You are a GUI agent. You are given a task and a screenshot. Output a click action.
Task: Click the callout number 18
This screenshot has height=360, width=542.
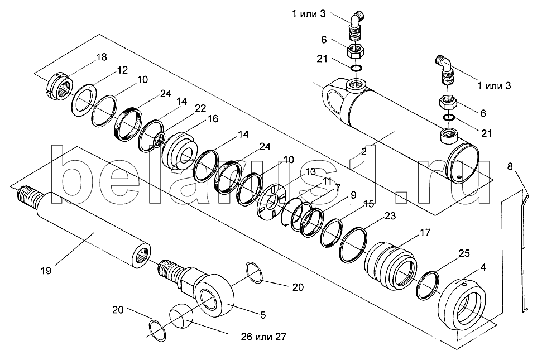pos(101,57)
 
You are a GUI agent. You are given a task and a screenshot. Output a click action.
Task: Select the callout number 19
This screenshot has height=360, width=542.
pos(46,271)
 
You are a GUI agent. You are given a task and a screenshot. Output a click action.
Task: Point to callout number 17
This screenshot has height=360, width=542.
pos(425,233)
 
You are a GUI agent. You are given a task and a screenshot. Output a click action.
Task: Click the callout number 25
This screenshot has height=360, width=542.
pos(464,253)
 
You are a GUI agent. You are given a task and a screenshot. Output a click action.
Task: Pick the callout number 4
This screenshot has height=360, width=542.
pos(483,267)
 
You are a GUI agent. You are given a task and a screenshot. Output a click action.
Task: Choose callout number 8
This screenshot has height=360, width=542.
pos(510,166)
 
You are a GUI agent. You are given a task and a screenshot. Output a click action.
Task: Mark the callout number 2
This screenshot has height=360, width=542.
pos(363,151)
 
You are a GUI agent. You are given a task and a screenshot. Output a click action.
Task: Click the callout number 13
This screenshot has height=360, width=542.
pos(310,172)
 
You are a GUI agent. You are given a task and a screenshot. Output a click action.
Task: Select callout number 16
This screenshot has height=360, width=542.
pos(213,119)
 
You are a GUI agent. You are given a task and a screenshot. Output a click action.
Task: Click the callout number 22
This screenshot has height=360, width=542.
pos(200,108)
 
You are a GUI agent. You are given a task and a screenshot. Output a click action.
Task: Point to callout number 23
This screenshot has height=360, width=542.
pos(390,216)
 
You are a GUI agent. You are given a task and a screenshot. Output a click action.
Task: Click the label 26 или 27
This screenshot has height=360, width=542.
pos(263,337)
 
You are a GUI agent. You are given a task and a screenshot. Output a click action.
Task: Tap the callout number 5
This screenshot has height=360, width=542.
pos(263,315)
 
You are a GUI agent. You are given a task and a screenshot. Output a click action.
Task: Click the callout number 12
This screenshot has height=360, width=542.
pos(122,70)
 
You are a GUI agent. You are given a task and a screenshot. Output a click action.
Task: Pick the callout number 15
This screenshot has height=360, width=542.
pos(369,204)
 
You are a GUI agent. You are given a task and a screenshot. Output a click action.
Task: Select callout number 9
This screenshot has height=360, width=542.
pos(353,195)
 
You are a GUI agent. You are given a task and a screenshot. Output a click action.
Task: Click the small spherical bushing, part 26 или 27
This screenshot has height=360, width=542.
pos(181,315)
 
